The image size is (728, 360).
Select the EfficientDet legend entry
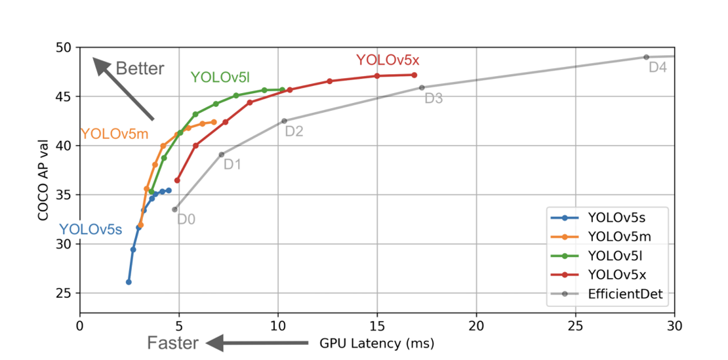(x=627, y=294)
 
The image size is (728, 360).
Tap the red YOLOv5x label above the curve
(x=387, y=60)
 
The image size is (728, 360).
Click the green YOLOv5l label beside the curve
(x=220, y=77)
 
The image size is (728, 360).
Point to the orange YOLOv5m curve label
(x=114, y=134)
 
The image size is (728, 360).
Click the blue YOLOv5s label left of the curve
(x=91, y=230)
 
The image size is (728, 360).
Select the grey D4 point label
(x=657, y=67)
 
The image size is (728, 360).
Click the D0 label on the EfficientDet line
(x=186, y=219)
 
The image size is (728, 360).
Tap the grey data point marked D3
(x=422, y=87)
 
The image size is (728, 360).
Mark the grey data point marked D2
(x=284, y=121)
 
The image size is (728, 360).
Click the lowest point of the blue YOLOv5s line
(x=129, y=282)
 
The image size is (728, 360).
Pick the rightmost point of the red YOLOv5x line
(x=415, y=75)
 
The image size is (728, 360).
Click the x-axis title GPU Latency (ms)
(x=376, y=343)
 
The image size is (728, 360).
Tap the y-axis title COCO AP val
(x=44, y=179)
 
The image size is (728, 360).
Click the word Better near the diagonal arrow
(x=140, y=69)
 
